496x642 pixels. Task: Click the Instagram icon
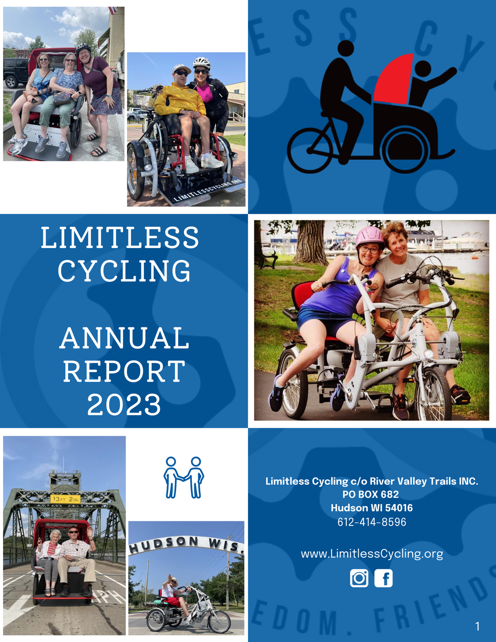[x=359, y=578]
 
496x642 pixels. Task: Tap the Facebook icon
[x=383, y=578]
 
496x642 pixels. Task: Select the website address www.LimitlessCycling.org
[x=372, y=554]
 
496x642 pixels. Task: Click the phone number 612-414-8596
[x=372, y=522]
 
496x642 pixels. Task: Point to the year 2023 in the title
[x=124, y=405]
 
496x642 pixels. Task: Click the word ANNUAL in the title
[x=124, y=338]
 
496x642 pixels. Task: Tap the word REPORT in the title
[x=124, y=372]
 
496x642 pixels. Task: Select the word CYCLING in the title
[x=124, y=271]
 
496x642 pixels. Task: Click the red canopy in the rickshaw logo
[x=395, y=79]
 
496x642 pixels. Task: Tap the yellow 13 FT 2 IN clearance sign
[x=65, y=499]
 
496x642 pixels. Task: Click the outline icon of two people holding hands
[x=184, y=477]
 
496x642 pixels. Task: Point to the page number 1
[x=477, y=627]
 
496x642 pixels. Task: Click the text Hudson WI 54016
[x=372, y=508]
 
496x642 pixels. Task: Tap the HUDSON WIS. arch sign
[x=186, y=544]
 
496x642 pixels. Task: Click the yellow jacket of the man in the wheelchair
[x=179, y=99]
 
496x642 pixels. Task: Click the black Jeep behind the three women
[x=15, y=72]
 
